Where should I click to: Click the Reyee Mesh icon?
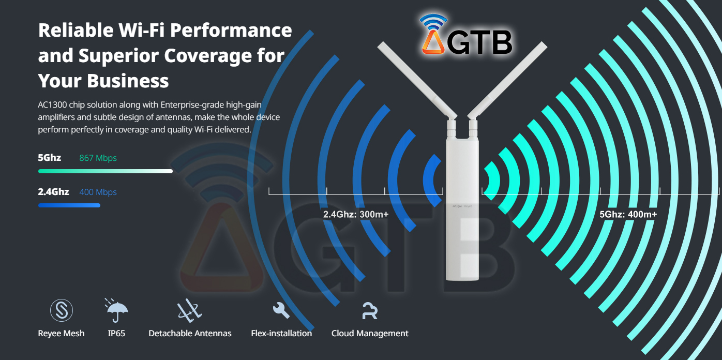click(x=61, y=310)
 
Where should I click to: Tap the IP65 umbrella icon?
click(x=116, y=310)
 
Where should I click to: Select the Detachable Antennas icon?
click(x=190, y=310)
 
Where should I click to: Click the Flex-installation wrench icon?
click(x=281, y=310)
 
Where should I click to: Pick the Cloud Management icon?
click(x=370, y=310)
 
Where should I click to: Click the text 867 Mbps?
click(x=98, y=158)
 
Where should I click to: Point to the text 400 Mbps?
click(x=98, y=192)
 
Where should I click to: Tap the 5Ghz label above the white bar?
click(x=49, y=157)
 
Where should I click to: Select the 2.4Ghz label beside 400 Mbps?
click(x=53, y=191)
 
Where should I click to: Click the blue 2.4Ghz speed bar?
click(x=69, y=205)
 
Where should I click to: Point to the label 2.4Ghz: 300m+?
click(x=356, y=214)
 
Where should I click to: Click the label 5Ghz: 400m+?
click(x=628, y=214)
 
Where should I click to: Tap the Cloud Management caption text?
click(x=370, y=334)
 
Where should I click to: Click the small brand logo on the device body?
click(x=462, y=205)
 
